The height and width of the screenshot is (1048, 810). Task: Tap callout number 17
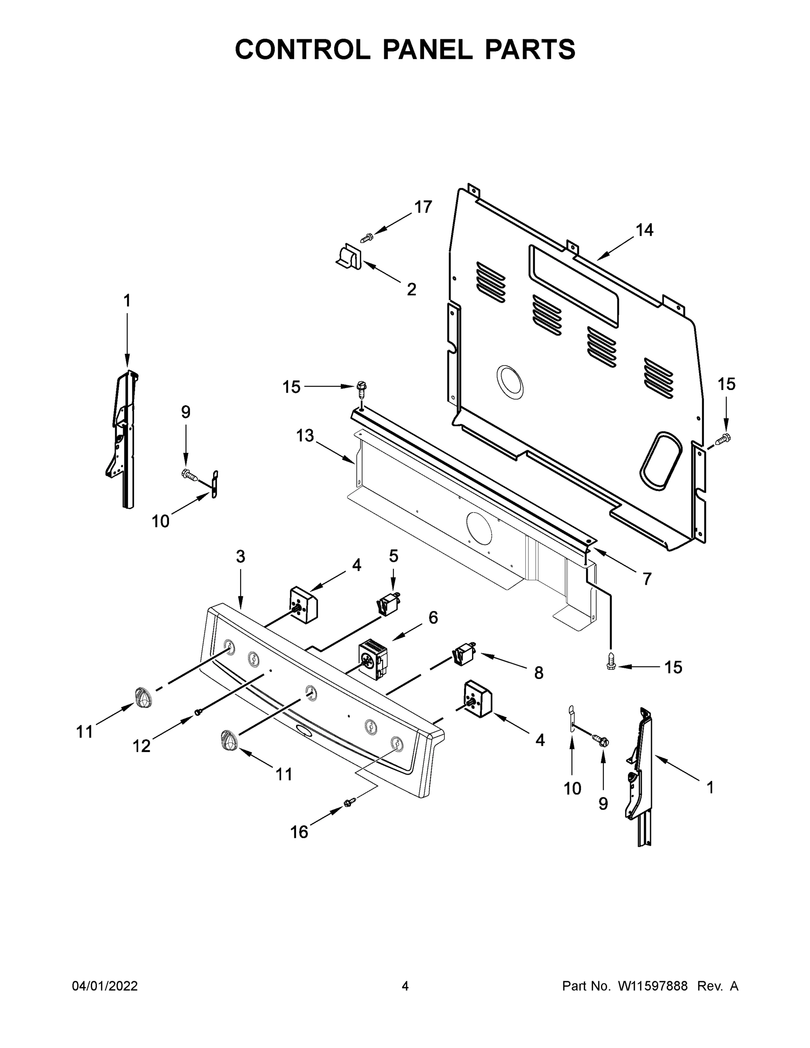423,207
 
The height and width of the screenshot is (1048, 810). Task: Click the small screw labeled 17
367,237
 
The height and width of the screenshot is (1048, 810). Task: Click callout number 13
305,436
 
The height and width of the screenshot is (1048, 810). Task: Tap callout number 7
647,579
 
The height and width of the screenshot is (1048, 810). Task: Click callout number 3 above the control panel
241,557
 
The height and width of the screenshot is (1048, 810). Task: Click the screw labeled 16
350,801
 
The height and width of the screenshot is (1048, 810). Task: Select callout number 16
300,831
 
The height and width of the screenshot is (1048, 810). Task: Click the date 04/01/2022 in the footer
105,986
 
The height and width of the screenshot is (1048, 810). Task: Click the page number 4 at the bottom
405,986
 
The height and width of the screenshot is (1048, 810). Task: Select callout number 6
433,617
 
